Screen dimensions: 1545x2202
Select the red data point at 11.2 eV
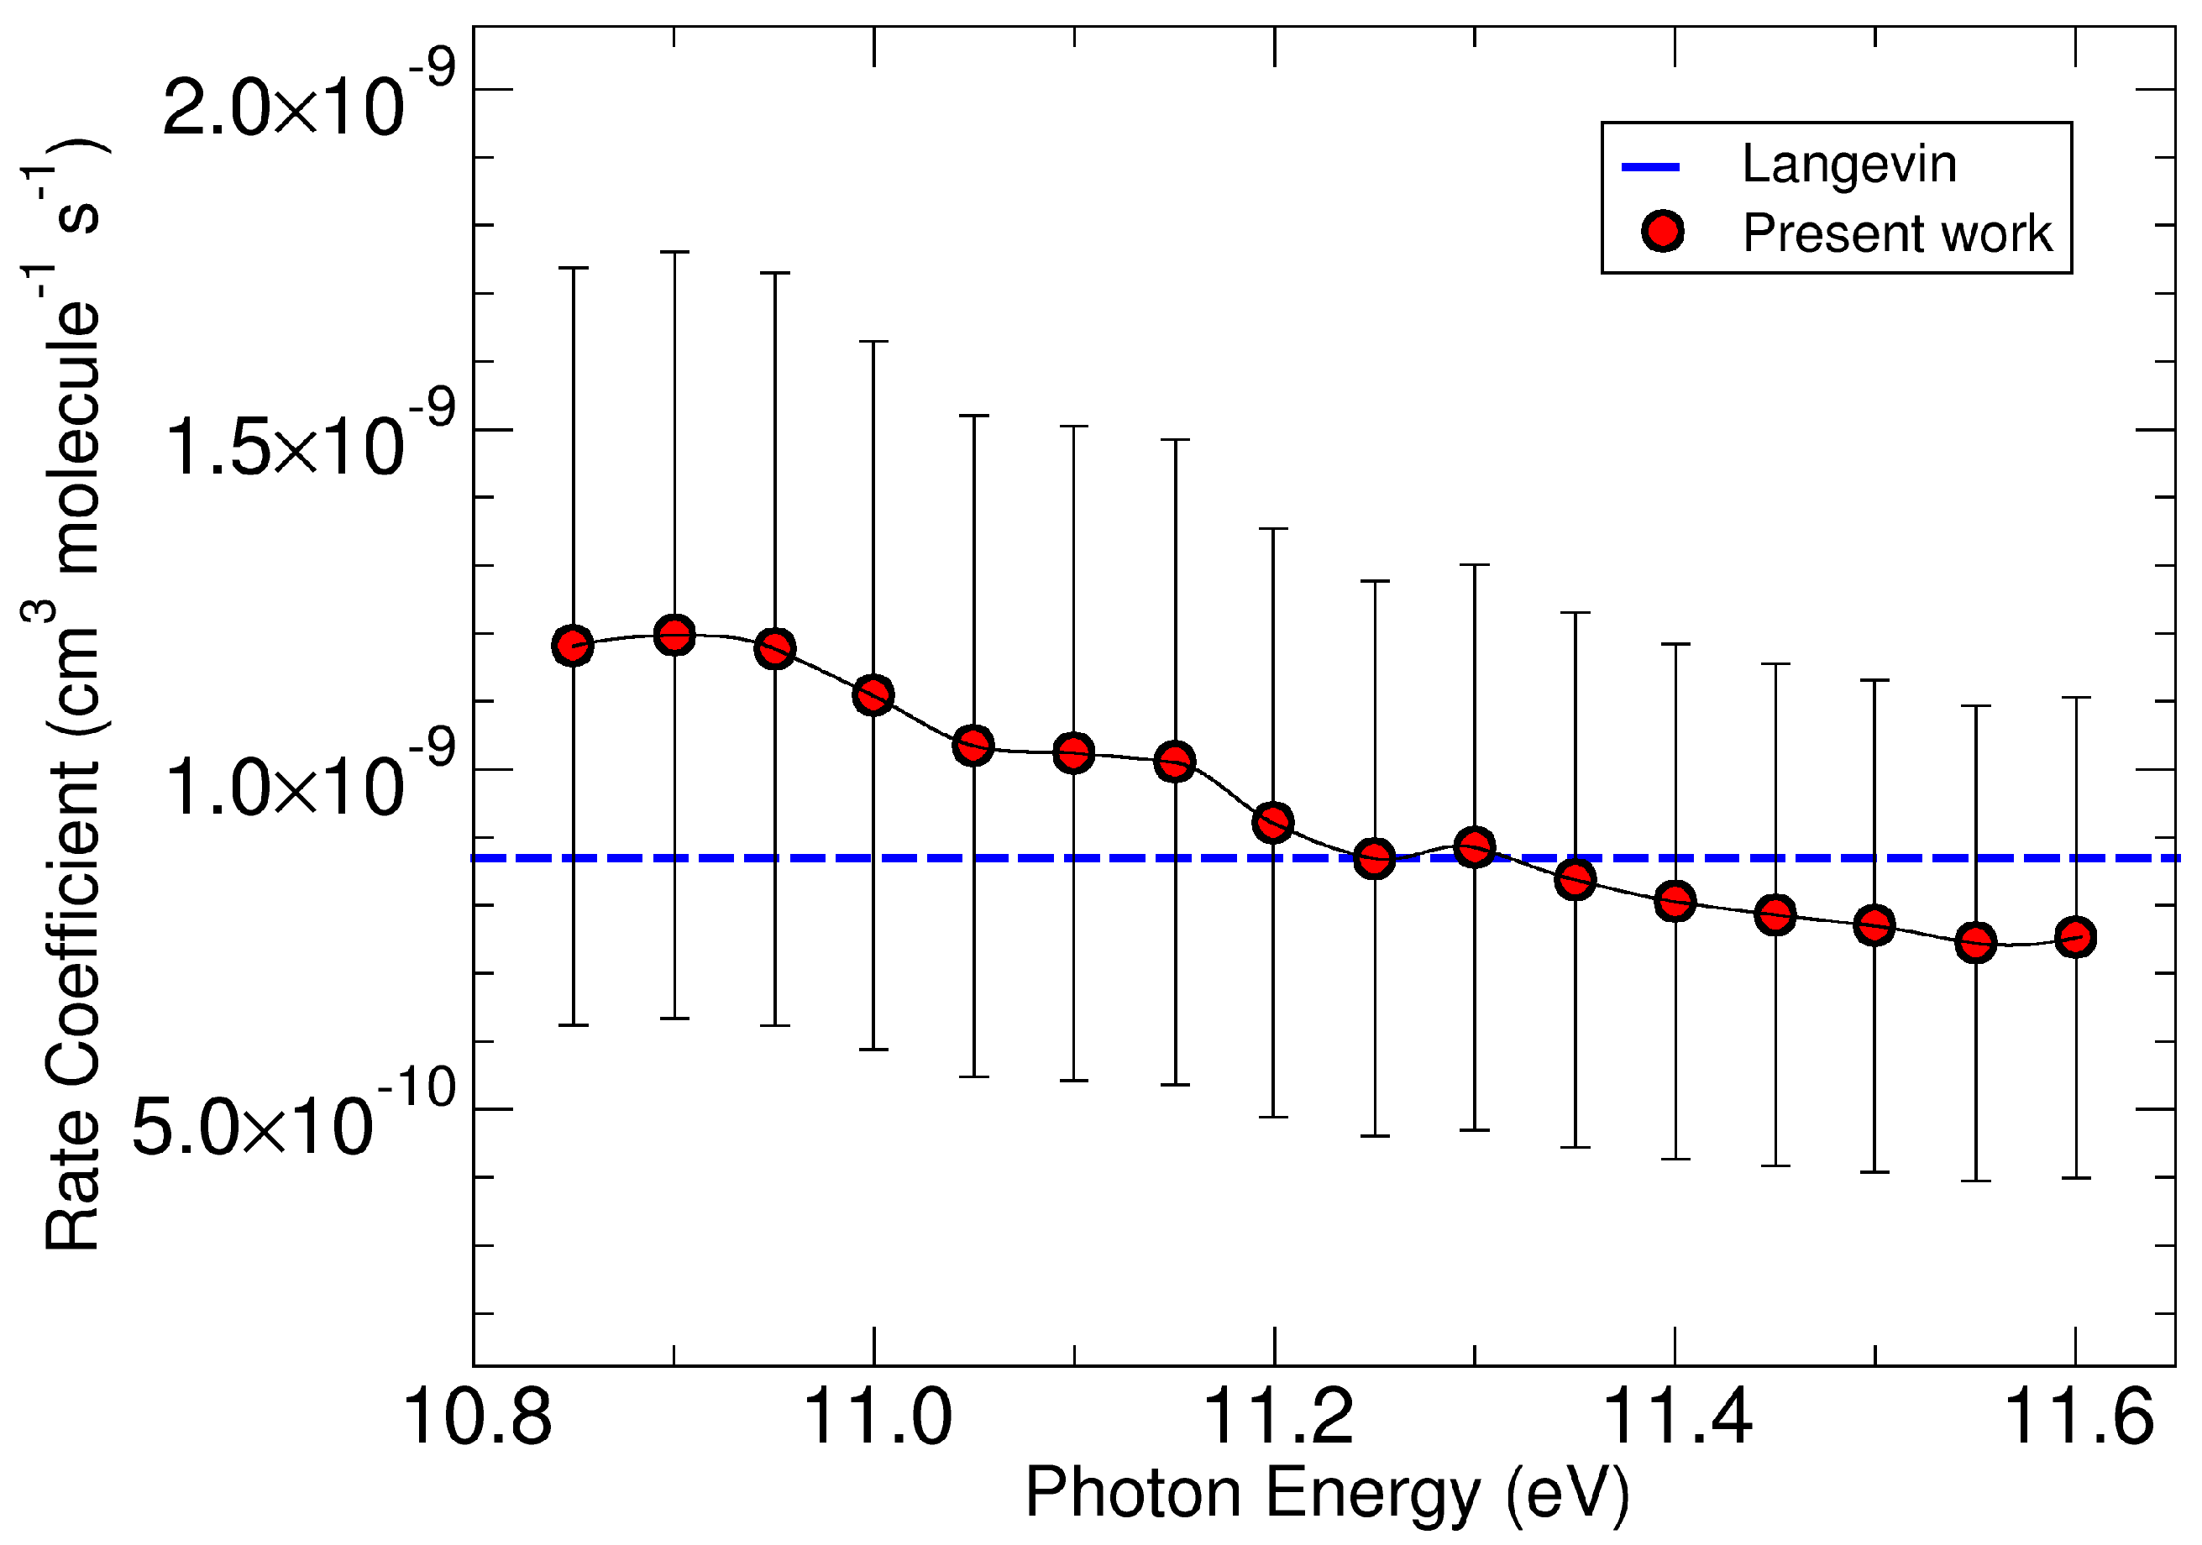point(1274,822)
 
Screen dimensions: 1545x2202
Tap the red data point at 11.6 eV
point(2075,937)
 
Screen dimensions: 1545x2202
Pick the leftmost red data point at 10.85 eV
point(574,646)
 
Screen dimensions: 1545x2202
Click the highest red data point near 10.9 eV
point(674,635)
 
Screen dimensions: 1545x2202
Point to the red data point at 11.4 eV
point(1675,902)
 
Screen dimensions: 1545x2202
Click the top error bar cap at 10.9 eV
point(674,252)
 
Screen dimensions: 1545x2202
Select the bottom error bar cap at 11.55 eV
point(1975,1181)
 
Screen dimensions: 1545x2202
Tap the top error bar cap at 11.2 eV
point(1274,528)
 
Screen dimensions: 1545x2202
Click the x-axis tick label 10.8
point(477,1417)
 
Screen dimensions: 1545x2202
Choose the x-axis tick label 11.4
point(1675,1417)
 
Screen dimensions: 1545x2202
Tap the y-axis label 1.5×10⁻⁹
point(307,441)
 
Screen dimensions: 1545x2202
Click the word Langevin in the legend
point(1848,164)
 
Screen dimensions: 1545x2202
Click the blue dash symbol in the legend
point(1649,167)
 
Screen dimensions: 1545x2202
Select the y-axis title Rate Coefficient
point(72,1007)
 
